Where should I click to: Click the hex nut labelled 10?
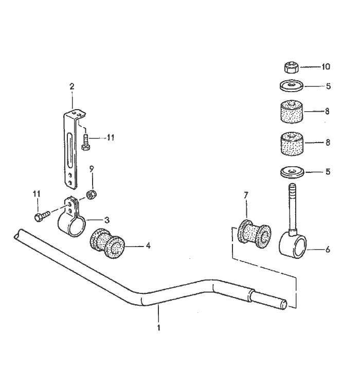(x=291, y=67)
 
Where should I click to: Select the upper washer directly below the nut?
(x=291, y=85)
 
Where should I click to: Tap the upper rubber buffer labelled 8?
(x=291, y=111)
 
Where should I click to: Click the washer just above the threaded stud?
(x=292, y=171)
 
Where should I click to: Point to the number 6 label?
(x=328, y=250)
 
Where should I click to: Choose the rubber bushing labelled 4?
(x=109, y=246)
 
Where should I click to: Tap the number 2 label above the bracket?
(x=71, y=86)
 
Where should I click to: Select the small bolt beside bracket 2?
(x=85, y=141)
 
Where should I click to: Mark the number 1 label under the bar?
(x=159, y=327)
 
